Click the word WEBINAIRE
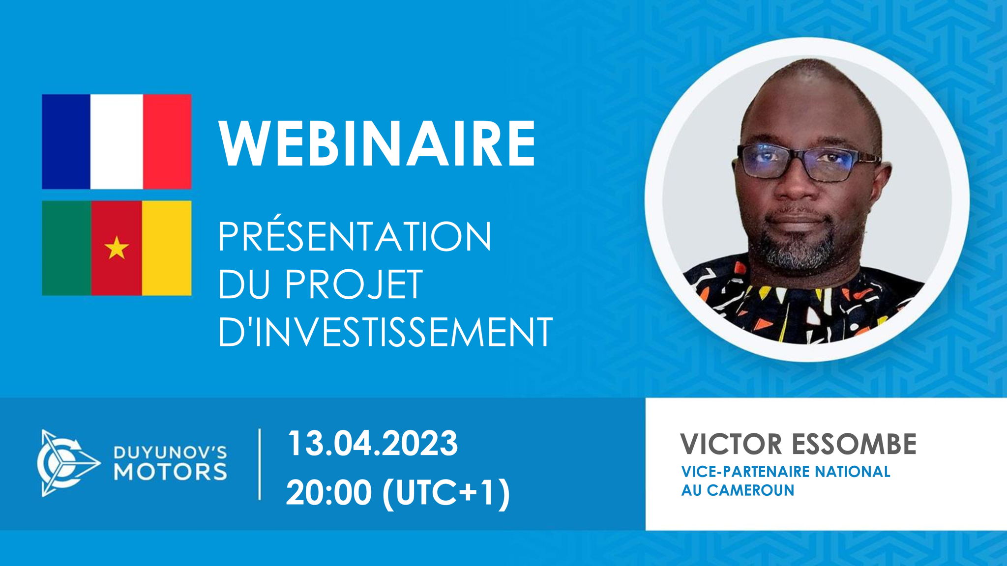[377, 143]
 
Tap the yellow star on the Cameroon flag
[117, 248]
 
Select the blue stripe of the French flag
[66, 141]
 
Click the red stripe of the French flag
[167, 141]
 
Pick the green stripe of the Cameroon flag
[66, 248]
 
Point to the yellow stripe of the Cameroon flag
[167, 248]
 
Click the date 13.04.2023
[372, 444]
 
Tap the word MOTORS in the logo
[171, 472]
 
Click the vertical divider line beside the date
[260, 464]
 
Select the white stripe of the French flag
[117, 141]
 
